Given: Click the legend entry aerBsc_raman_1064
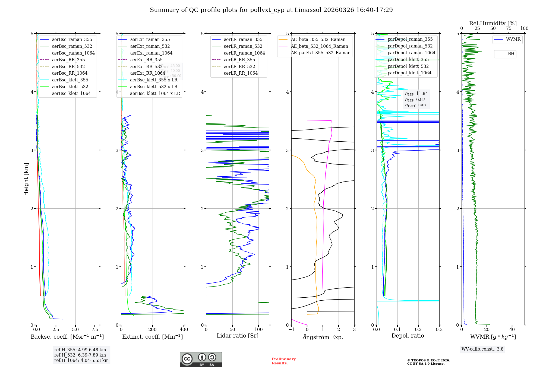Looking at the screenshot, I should click(x=73, y=53).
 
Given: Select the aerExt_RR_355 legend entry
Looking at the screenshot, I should click(x=146, y=60).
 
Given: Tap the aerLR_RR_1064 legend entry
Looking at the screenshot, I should click(x=241, y=73).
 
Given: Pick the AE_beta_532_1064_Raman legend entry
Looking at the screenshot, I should click(x=319, y=46).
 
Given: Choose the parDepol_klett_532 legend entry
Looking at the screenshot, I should click(x=408, y=66).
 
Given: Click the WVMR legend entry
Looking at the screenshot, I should click(x=513, y=39).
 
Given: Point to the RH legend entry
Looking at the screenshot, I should click(x=511, y=54).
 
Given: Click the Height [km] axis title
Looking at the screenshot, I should click(x=26, y=179).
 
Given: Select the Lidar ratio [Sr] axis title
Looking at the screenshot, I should click(x=238, y=336).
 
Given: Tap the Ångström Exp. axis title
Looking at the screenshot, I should click(x=323, y=337).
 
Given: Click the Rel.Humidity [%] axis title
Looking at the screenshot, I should click(x=493, y=23).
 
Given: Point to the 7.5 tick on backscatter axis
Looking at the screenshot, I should click(x=95, y=330).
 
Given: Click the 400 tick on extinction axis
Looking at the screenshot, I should click(x=184, y=330).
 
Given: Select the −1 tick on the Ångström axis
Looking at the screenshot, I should click(x=291, y=330).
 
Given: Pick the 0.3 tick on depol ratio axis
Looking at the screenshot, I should click(x=439, y=330).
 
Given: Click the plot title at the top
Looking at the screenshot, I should click(x=271, y=10).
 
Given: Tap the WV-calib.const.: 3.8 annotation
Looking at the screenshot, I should click(x=482, y=349).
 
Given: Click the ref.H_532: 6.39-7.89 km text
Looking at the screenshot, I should click(x=80, y=355).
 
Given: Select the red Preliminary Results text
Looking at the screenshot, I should click(x=283, y=361).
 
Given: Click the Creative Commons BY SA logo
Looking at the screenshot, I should click(x=201, y=359).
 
